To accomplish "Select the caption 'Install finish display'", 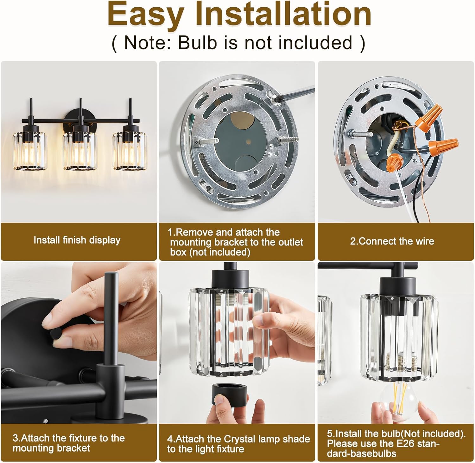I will coord(77,240).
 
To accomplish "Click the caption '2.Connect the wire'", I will coord(392,241).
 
